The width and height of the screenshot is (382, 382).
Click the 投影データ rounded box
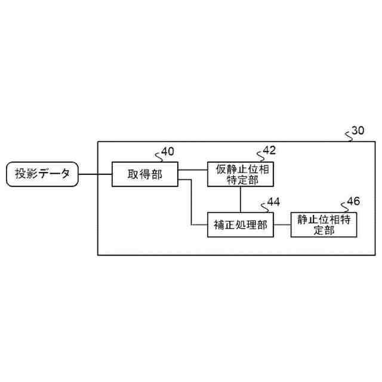click(x=42, y=174)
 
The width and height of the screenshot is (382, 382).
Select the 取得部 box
click(x=145, y=174)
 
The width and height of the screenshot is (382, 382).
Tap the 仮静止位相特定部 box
click(x=241, y=174)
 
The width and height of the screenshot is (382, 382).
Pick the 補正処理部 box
click(x=241, y=225)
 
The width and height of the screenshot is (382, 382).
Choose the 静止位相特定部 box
click(x=324, y=225)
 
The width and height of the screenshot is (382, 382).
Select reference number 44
click(x=273, y=202)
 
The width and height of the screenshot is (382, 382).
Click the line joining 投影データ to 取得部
click(x=95, y=174)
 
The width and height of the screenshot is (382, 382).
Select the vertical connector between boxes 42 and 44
click(x=241, y=199)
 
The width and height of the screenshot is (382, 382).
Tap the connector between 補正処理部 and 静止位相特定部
click(x=282, y=225)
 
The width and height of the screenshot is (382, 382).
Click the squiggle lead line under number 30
click(x=349, y=137)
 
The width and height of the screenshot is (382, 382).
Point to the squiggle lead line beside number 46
click(x=343, y=206)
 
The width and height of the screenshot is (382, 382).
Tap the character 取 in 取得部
click(x=133, y=174)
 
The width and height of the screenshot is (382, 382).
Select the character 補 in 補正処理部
click(x=218, y=225)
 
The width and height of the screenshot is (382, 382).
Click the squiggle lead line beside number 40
click(x=159, y=156)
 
